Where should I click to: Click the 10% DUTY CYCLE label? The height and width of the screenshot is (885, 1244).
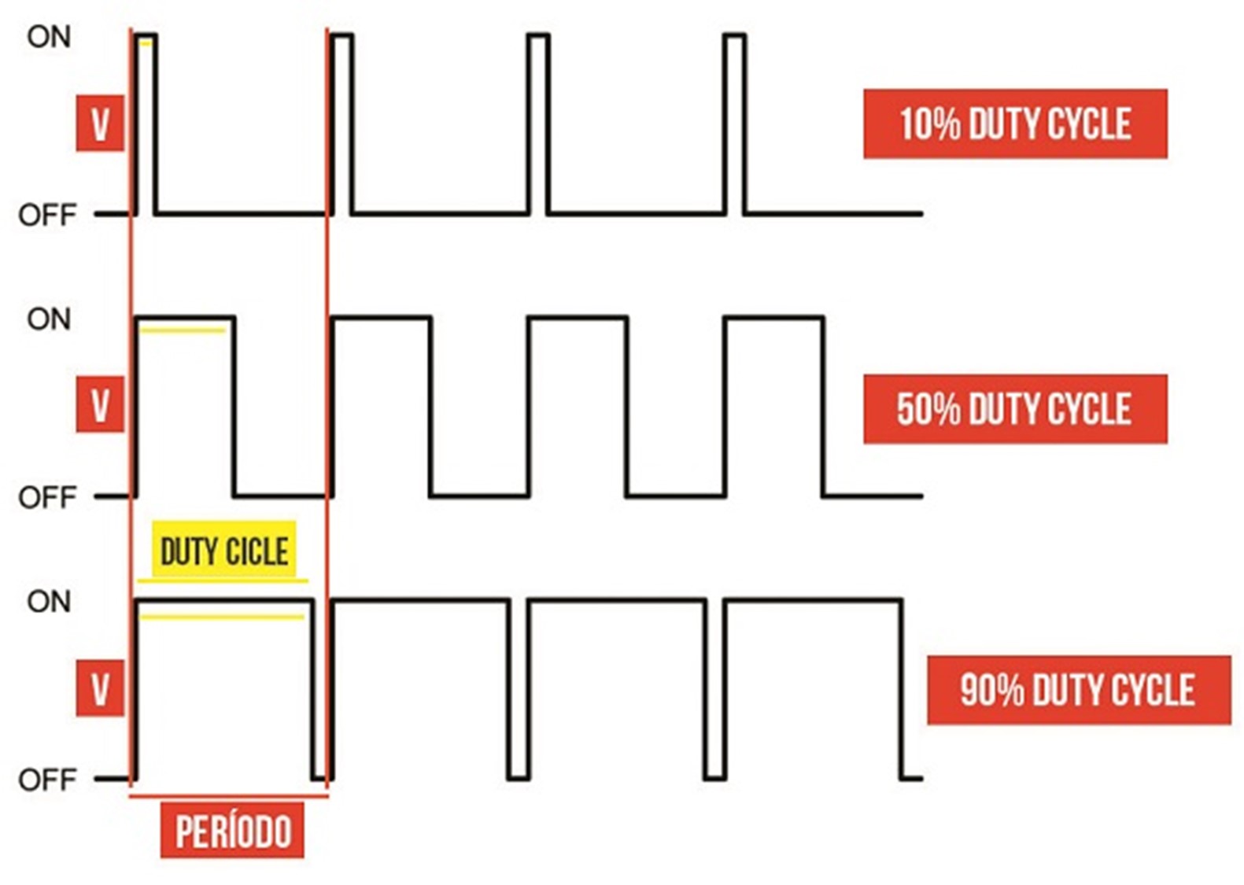[1015, 124]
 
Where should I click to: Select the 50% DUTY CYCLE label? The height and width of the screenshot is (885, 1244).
[1015, 409]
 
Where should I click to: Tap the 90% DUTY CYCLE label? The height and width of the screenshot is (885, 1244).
[1079, 690]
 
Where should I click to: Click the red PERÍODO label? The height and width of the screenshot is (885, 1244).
[232, 831]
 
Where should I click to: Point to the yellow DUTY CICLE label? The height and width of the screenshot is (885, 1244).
[223, 550]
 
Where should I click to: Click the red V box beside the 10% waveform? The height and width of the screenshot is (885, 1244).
[100, 124]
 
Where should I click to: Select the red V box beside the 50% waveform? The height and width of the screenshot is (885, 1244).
[100, 404]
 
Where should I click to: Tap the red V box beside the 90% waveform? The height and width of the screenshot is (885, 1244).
[100, 688]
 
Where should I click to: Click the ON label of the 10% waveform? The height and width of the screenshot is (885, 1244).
[49, 38]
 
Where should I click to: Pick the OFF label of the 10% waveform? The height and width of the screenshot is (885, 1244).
[47, 215]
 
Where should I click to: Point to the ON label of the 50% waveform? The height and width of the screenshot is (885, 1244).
[49, 320]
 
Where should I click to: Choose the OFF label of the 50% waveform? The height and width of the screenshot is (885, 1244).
[47, 497]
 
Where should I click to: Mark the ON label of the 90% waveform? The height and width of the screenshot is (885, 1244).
[49, 602]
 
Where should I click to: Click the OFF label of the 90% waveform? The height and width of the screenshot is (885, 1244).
[47, 780]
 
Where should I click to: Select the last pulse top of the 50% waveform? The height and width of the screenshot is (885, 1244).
[774, 318]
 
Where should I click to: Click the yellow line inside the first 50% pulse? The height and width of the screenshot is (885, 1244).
[183, 331]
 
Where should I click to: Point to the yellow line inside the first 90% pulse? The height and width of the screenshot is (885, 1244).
[222, 617]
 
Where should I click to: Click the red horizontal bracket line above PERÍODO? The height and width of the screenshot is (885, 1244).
[229, 797]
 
